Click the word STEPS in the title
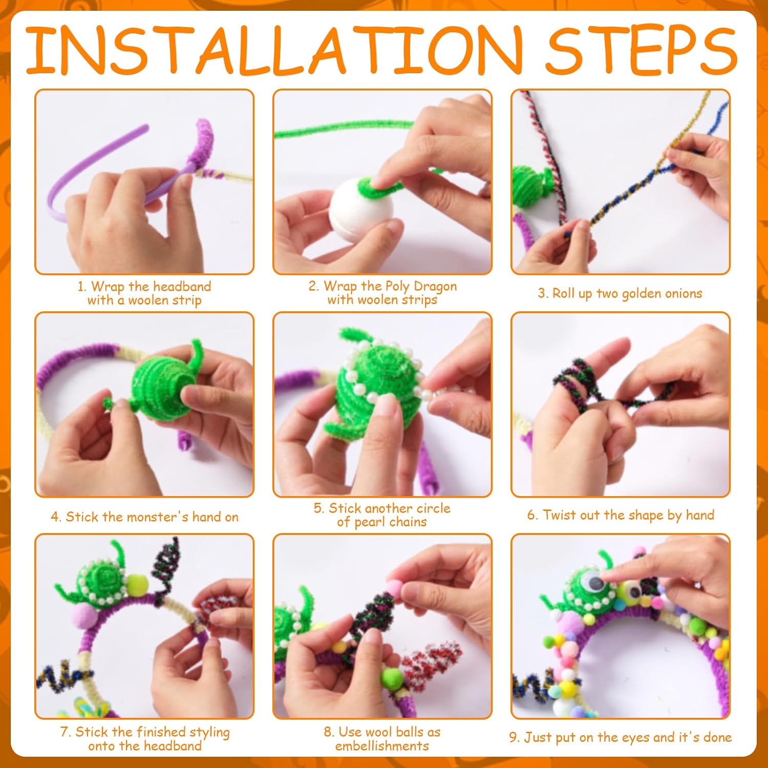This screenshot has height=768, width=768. point(641,50)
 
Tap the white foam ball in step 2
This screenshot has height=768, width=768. point(361,210)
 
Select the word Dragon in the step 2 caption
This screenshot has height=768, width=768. point(435,287)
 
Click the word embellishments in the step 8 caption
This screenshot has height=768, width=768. point(382,746)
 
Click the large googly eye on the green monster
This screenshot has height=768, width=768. point(595,581)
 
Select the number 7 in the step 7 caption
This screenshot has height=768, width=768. point(65,732)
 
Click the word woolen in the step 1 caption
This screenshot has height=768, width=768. point(149,300)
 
